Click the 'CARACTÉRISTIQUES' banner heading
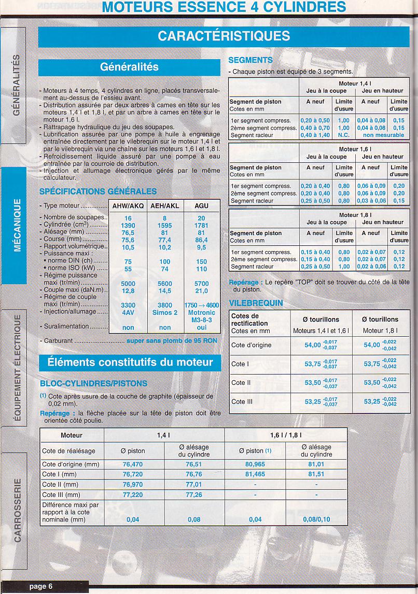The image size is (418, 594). (224, 36)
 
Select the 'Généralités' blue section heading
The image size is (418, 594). (129, 67)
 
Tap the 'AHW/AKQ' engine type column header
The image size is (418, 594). (128, 205)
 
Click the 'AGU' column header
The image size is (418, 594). (201, 205)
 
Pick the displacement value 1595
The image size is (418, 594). (164, 226)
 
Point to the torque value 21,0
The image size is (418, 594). (201, 291)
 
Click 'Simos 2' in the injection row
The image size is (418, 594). (164, 313)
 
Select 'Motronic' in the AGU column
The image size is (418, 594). (201, 313)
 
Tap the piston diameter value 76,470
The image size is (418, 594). (133, 464)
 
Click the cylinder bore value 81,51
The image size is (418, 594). (316, 474)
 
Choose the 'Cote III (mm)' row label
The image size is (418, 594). (60, 494)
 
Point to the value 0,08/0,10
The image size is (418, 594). (316, 519)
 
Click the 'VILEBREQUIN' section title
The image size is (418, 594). (256, 303)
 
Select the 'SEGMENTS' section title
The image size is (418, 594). (250, 60)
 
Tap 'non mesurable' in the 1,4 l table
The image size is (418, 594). (383, 135)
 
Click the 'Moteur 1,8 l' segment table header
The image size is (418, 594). (355, 214)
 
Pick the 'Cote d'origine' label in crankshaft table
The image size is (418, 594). (252, 345)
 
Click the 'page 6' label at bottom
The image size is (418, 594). (41, 586)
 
